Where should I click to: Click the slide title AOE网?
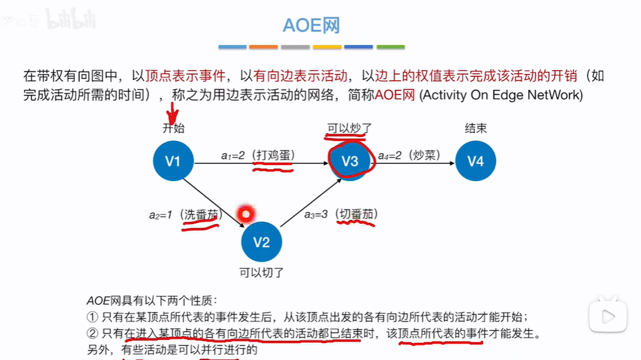(x=311, y=25)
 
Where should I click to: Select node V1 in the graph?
(x=173, y=161)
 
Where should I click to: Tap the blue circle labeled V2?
(x=261, y=242)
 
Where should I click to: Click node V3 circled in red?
(x=349, y=161)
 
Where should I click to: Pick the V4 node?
(x=476, y=161)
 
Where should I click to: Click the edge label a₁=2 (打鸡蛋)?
(x=258, y=154)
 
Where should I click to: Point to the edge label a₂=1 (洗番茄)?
(x=183, y=214)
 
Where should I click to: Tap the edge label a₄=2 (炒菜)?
(x=409, y=154)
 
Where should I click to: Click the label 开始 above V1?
(x=173, y=128)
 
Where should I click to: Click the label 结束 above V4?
(x=476, y=128)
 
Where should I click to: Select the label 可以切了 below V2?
(x=261, y=273)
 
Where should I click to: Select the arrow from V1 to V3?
(x=259, y=163)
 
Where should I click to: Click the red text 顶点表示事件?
(x=185, y=77)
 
